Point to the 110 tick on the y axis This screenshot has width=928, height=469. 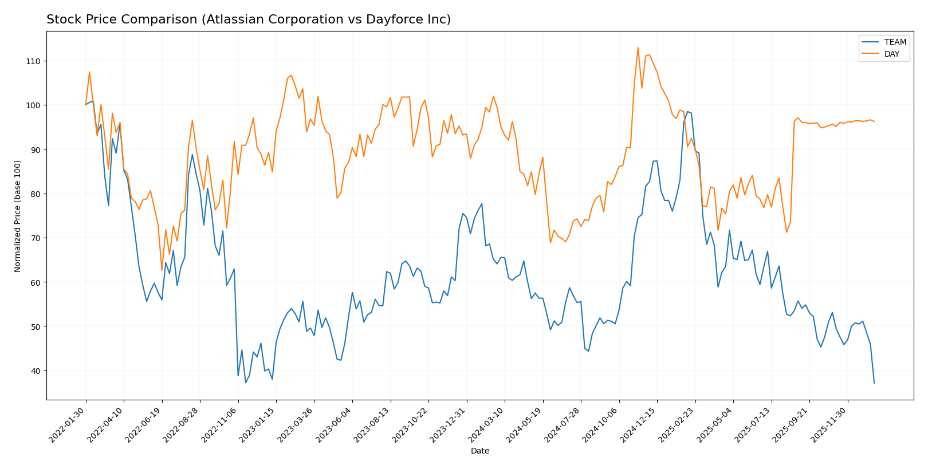(36, 61)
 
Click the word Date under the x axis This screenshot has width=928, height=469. (480, 451)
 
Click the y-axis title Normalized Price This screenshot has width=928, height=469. (18, 216)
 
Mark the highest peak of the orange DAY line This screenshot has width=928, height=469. (638, 48)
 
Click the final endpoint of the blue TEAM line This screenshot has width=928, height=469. (874, 383)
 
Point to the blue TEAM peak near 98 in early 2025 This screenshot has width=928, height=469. (687, 111)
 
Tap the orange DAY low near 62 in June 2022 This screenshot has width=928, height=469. (162, 270)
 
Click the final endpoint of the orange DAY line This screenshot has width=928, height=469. (874, 121)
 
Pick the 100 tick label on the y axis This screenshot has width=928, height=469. (36, 105)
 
